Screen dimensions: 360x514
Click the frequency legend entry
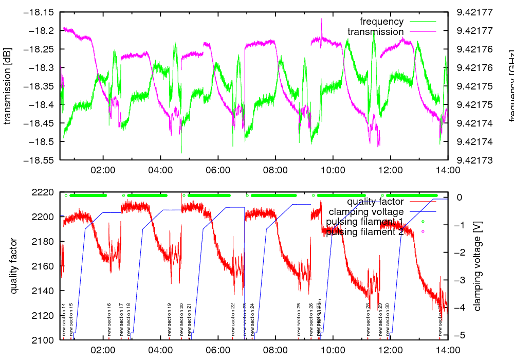381,22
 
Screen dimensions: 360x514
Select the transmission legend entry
375,32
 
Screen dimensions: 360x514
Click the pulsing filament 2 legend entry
365,232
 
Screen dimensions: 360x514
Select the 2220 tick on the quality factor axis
45,192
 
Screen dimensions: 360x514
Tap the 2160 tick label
45,266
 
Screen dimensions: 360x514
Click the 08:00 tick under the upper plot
275,169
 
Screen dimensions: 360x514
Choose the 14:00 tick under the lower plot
447,350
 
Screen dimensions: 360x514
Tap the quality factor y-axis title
14,266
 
